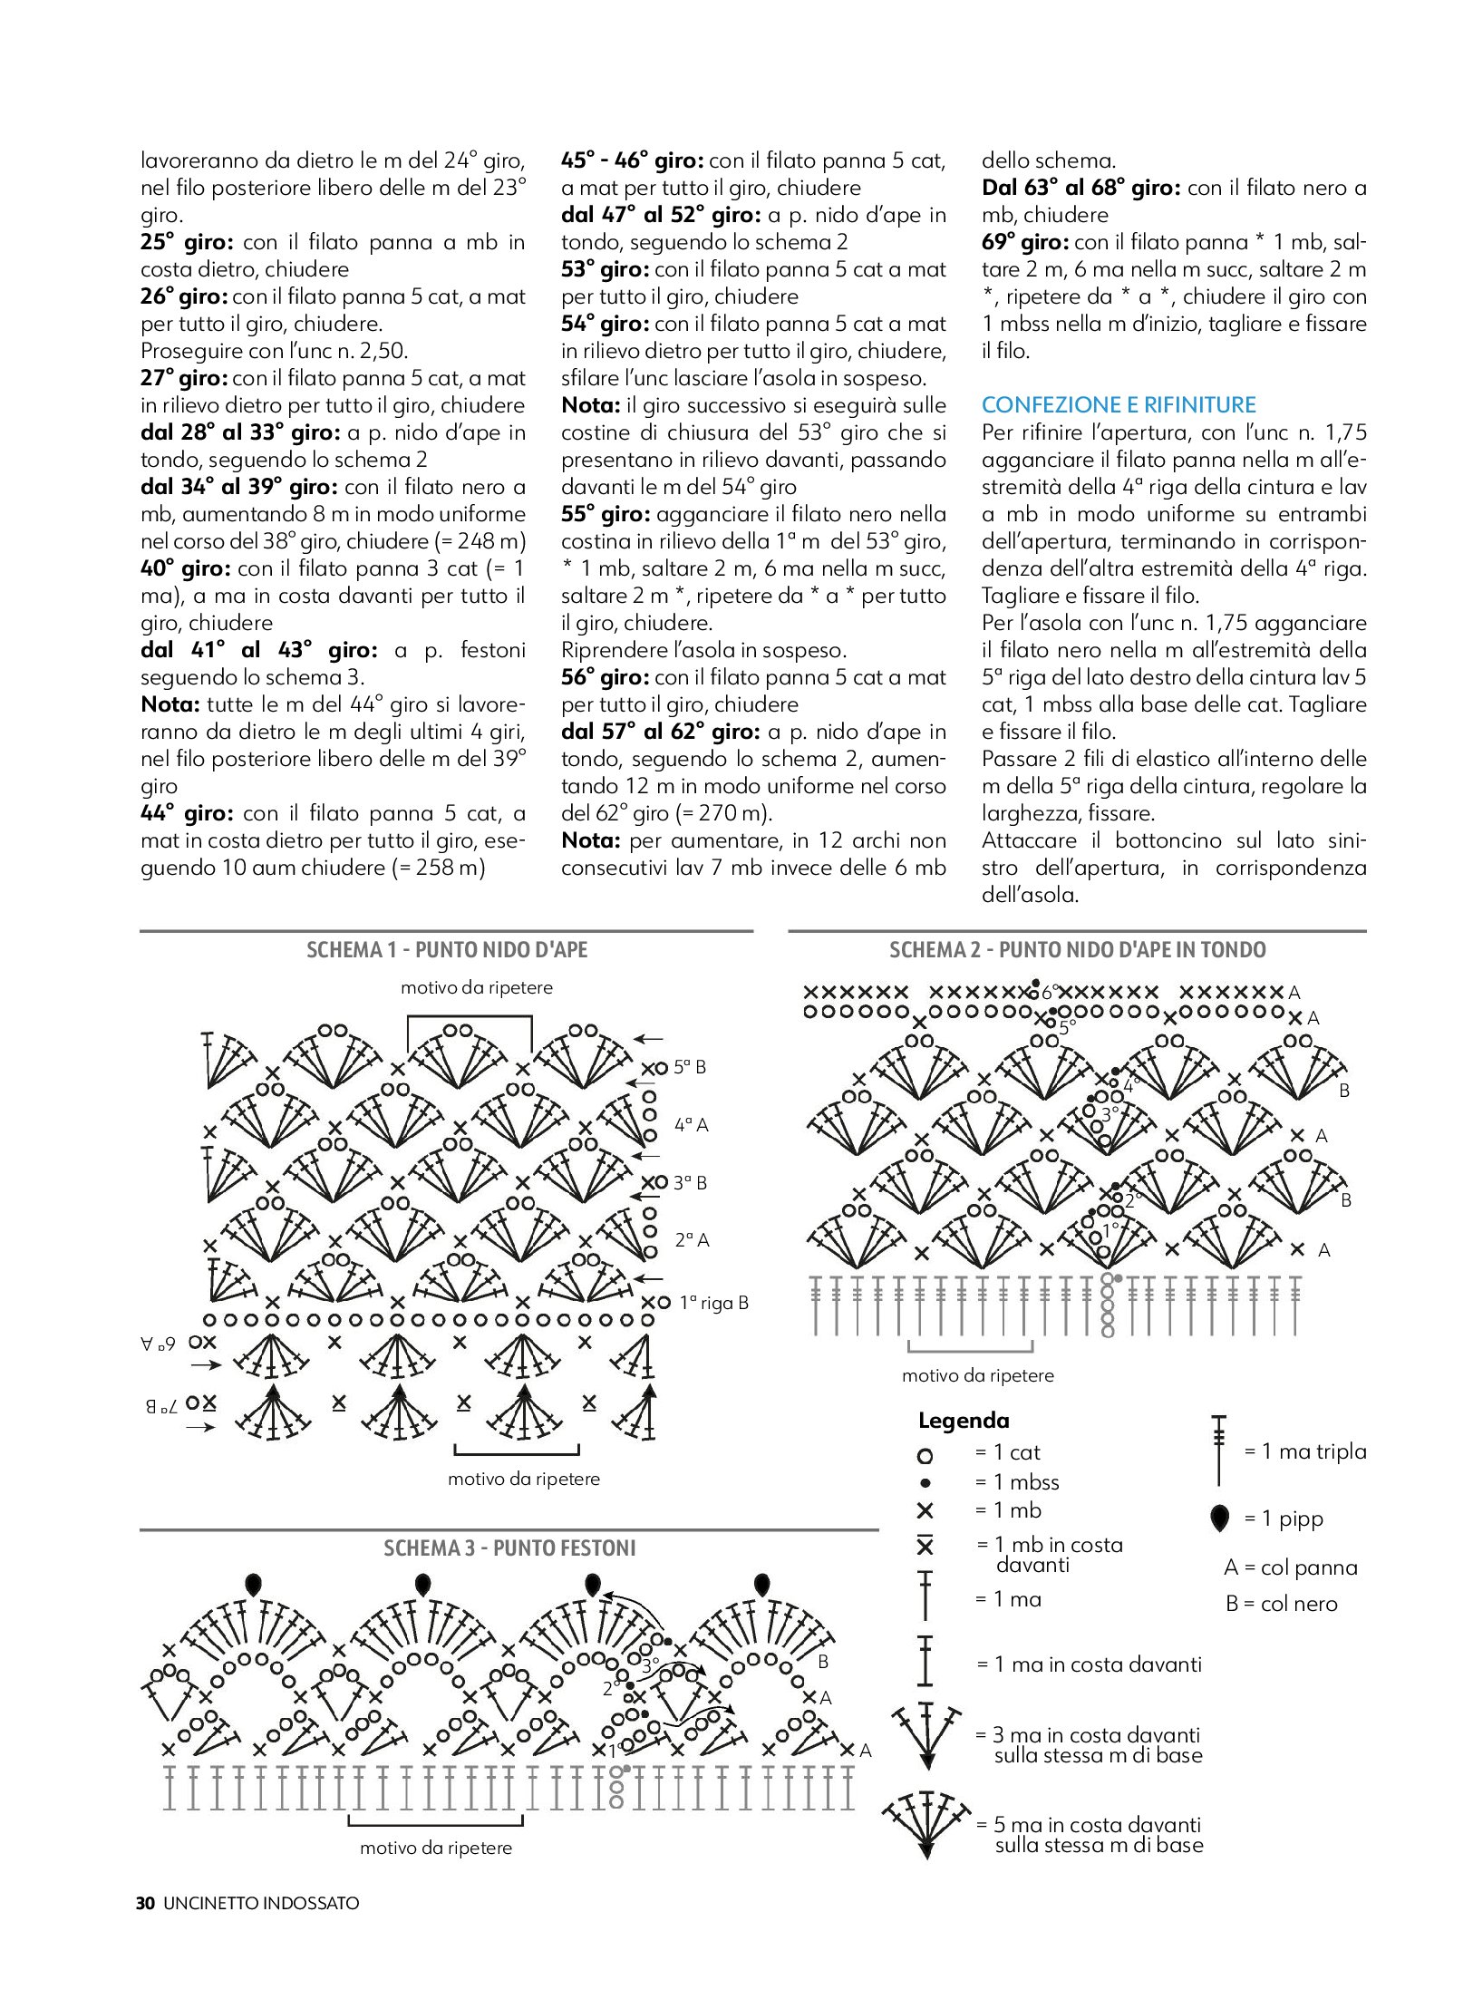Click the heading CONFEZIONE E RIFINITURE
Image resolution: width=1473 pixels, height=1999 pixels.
[1119, 405]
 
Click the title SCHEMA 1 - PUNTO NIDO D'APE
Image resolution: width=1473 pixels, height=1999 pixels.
[447, 950]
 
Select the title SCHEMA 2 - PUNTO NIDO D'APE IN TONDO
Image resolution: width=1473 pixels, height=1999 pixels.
[1077, 950]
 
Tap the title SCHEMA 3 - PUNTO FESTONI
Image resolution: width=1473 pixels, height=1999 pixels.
[509, 1548]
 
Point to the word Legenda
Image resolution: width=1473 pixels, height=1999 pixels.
[963, 1421]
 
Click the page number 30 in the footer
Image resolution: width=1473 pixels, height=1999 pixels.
[145, 1903]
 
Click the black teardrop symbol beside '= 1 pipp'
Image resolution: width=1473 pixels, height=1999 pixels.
[1220, 1518]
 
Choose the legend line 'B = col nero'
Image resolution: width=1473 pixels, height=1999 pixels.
[1281, 1603]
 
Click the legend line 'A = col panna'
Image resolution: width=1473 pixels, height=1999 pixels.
[1290, 1567]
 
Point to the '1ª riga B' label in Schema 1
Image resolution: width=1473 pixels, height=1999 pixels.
[713, 1303]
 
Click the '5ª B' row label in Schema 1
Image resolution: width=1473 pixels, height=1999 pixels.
[689, 1067]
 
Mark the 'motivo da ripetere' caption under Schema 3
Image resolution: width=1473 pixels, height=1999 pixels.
[436, 1848]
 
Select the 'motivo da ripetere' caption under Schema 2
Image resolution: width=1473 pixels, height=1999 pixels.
[977, 1375]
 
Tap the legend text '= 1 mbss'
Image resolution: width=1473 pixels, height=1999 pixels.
[1016, 1482]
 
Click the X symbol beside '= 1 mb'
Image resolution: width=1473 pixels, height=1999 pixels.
[925, 1511]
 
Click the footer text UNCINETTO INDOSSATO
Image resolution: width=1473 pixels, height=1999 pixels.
[261, 1903]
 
